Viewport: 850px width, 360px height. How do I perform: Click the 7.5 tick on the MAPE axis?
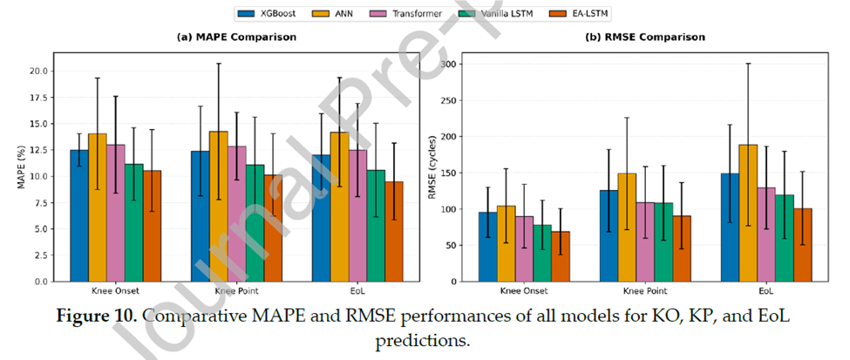tap(40, 203)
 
